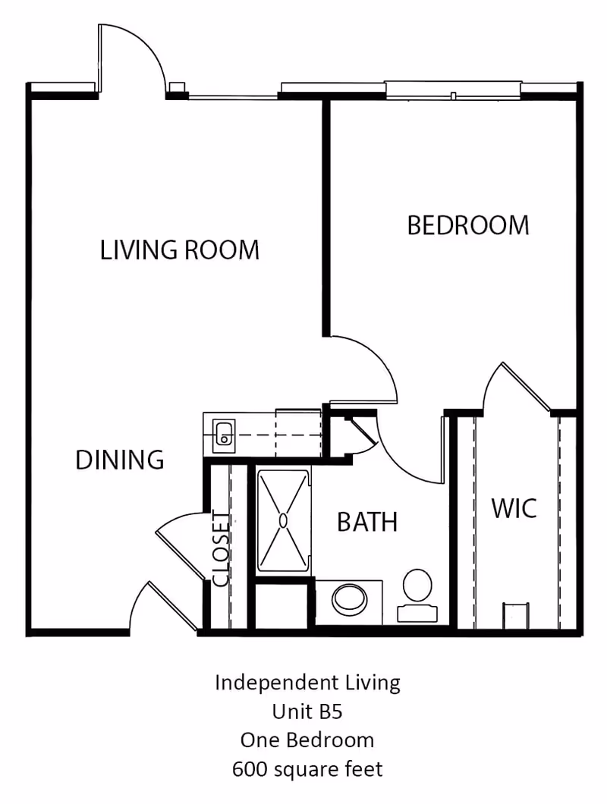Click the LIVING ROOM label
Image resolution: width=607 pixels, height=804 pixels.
click(180, 250)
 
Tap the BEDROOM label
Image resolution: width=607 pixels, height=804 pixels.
click(468, 225)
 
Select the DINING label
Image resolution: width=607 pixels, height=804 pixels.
click(120, 460)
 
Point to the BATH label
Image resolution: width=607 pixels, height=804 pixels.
click(367, 522)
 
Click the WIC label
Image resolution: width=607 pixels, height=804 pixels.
click(514, 508)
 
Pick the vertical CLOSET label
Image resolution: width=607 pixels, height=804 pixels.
click(220, 550)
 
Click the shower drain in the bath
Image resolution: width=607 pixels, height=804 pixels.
click(283, 520)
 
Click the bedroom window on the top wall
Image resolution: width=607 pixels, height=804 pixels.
click(453, 90)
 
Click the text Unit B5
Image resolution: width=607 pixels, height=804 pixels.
click(307, 711)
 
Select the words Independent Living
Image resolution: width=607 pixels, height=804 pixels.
click(307, 683)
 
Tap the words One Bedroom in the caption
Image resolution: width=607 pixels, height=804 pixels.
click(307, 740)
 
